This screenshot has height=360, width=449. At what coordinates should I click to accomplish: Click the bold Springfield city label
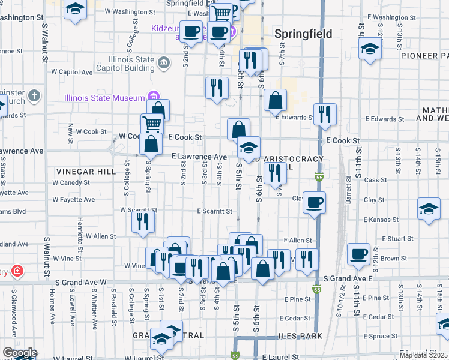(x=303, y=34)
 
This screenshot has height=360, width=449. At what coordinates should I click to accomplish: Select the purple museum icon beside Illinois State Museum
(x=153, y=97)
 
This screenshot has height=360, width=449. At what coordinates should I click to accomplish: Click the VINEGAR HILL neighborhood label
(x=86, y=172)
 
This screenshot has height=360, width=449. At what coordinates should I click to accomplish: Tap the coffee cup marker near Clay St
(x=314, y=203)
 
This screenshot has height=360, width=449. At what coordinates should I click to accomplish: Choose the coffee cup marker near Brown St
(x=359, y=254)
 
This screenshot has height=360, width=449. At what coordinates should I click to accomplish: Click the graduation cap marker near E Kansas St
(x=428, y=209)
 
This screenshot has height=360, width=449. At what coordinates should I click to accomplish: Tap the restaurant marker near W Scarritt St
(x=143, y=221)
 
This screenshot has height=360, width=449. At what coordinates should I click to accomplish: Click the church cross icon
(x=35, y=95)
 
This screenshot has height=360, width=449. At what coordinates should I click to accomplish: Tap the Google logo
(x=19, y=353)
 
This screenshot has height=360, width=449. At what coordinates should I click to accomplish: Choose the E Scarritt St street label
(x=214, y=211)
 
